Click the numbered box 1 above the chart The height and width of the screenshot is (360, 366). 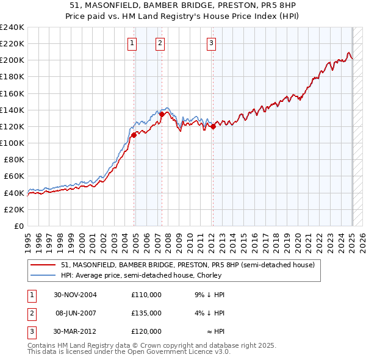coord(132,43)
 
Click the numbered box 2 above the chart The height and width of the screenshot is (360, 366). coord(160,43)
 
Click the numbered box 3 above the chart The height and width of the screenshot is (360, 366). coord(211,43)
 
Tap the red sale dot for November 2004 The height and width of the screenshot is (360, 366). coord(134,134)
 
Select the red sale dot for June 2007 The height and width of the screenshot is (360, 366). coord(162,114)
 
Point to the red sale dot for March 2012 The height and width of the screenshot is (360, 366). coord(213,126)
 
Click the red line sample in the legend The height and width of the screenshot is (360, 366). coord(43,265)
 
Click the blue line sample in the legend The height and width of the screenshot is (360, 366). coord(43,275)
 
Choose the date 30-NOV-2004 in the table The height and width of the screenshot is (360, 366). coord(75,295)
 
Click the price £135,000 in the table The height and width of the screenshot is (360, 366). coord(146,313)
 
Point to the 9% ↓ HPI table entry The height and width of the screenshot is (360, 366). coord(210,295)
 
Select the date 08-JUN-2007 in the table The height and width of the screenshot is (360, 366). coord(75,313)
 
